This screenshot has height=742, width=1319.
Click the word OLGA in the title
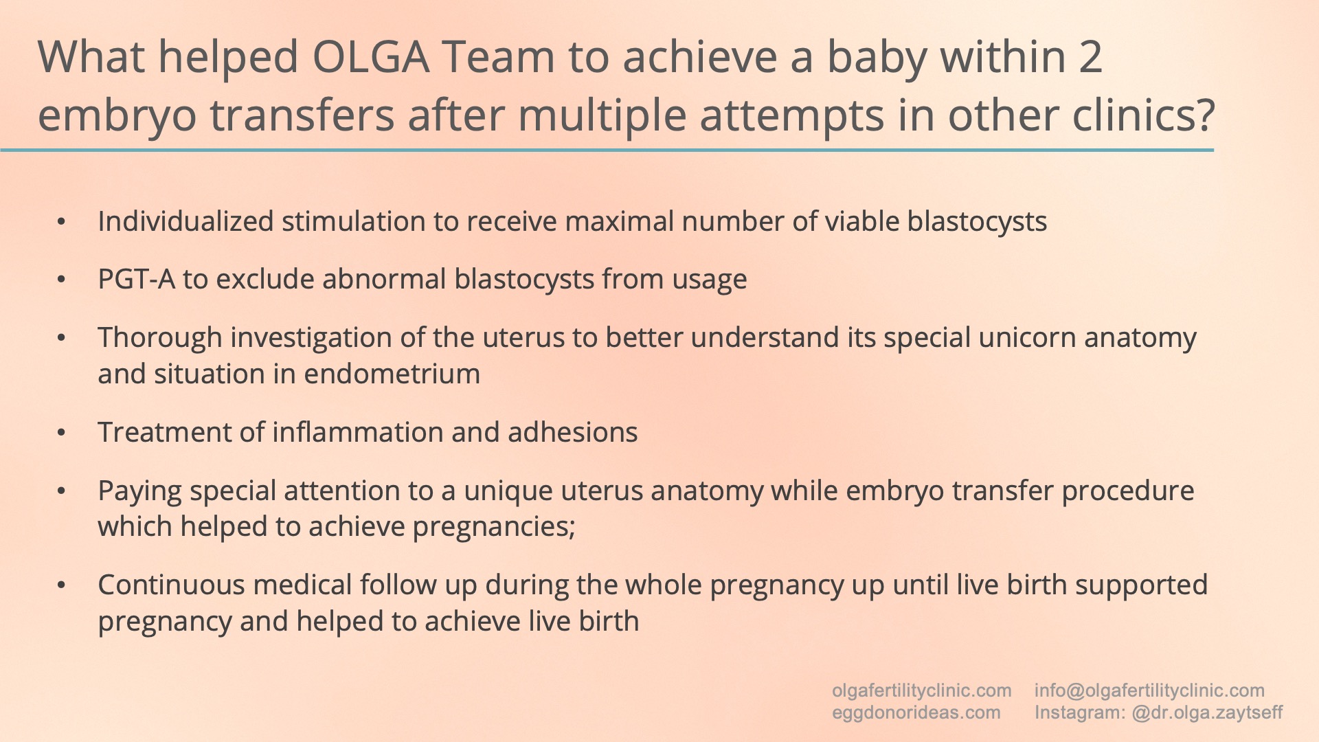[x=371, y=56]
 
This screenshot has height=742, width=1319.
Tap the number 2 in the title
[x=1090, y=56]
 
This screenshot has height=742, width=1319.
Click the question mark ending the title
[x=1204, y=115]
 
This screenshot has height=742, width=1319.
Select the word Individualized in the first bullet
[x=185, y=222]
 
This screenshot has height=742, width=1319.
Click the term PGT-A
[x=137, y=280]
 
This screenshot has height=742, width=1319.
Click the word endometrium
[x=392, y=374]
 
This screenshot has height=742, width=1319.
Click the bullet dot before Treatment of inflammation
[x=62, y=433]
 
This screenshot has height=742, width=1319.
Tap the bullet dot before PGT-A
[x=62, y=280]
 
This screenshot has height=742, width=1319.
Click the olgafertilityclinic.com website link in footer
[x=921, y=690]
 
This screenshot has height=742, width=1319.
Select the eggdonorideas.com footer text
[x=916, y=712]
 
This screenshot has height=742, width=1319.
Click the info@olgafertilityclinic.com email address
[x=1149, y=690]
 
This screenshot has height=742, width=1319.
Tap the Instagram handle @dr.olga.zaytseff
[x=1207, y=712]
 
